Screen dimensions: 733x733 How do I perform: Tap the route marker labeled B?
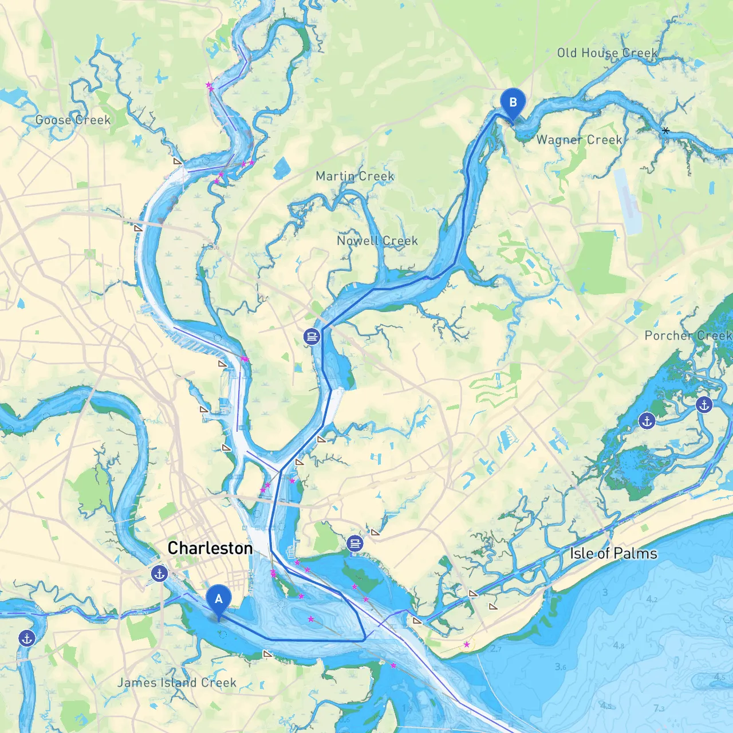click(513, 103)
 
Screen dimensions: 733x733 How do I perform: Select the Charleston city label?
click(210, 548)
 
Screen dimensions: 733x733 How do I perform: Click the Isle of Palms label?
click(613, 553)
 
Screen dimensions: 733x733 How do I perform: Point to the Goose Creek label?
click(73, 120)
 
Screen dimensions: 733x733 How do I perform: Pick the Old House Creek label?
click(607, 53)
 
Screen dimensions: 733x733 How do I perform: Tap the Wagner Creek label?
click(579, 140)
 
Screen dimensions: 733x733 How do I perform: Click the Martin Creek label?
click(355, 176)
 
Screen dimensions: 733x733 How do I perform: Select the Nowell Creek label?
click(377, 241)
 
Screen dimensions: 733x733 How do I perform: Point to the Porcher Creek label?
click(688, 336)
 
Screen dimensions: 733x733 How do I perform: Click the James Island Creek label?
click(177, 683)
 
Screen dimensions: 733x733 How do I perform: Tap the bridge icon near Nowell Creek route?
click(312, 337)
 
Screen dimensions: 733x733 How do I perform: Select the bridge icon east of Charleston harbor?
click(355, 543)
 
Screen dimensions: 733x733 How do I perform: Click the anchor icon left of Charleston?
click(159, 573)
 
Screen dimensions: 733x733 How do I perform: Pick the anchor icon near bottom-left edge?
click(26, 638)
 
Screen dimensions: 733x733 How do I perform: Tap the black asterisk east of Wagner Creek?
click(665, 131)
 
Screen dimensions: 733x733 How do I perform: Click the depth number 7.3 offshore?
click(659, 708)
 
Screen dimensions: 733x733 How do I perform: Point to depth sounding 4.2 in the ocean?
click(652, 600)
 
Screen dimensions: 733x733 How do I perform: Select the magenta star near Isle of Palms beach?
click(467, 644)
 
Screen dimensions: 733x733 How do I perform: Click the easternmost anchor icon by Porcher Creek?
click(704, 405)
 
